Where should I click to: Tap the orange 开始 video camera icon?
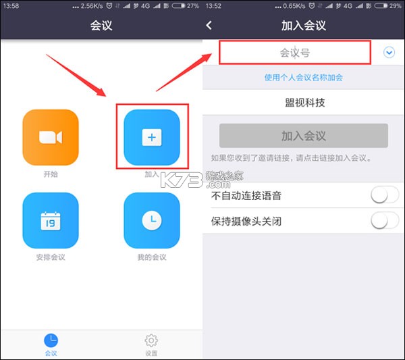coord(51,138)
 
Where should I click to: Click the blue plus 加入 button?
coord(151,138)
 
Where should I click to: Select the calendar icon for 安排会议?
coord(51,221)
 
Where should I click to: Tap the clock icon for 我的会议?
coord(151,221)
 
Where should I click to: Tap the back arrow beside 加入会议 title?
coord(209,26)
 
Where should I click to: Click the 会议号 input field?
coord(295,53)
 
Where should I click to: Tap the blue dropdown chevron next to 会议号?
coord(389,53)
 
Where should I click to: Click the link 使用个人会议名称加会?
coord(303,78)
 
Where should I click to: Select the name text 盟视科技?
coord(304,103)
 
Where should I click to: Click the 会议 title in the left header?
coord(101,26)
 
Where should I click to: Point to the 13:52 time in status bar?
coord(213,6)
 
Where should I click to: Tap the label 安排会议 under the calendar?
coord(51,257)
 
